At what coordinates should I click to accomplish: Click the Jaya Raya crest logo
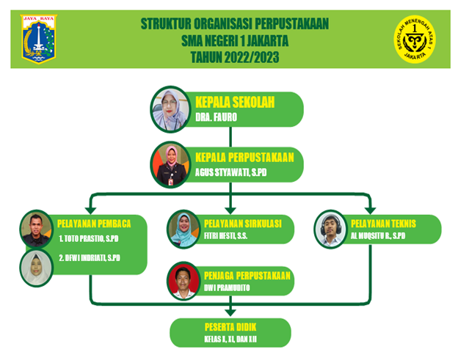point(39,39)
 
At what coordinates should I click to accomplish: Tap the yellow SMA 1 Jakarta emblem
point(415,39)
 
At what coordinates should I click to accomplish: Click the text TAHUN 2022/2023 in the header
point(235,57)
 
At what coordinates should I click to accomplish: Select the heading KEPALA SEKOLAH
point(235,102)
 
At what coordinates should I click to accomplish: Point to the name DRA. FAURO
point(216,117)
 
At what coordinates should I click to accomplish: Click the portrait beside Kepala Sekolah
point(170,109)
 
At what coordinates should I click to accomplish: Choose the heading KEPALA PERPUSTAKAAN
point(244,157)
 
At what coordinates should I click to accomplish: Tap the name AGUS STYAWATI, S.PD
point(230,172)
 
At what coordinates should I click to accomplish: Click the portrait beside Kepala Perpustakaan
point(170,165)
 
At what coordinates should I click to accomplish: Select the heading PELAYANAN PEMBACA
point(94,224)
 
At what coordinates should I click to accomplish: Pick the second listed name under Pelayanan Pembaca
point(90,258)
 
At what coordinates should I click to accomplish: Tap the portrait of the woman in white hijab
point(36,268)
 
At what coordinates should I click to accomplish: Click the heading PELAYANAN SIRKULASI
point(243,224)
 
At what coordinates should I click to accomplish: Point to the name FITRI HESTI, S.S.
point(225,235)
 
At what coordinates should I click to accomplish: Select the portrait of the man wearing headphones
point(330,229)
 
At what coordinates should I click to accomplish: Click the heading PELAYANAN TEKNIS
point(383,224)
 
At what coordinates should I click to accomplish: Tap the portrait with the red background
point(183,281)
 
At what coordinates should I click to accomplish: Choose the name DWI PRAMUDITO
point(227,287)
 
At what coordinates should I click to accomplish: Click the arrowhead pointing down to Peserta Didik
point(230,312)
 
